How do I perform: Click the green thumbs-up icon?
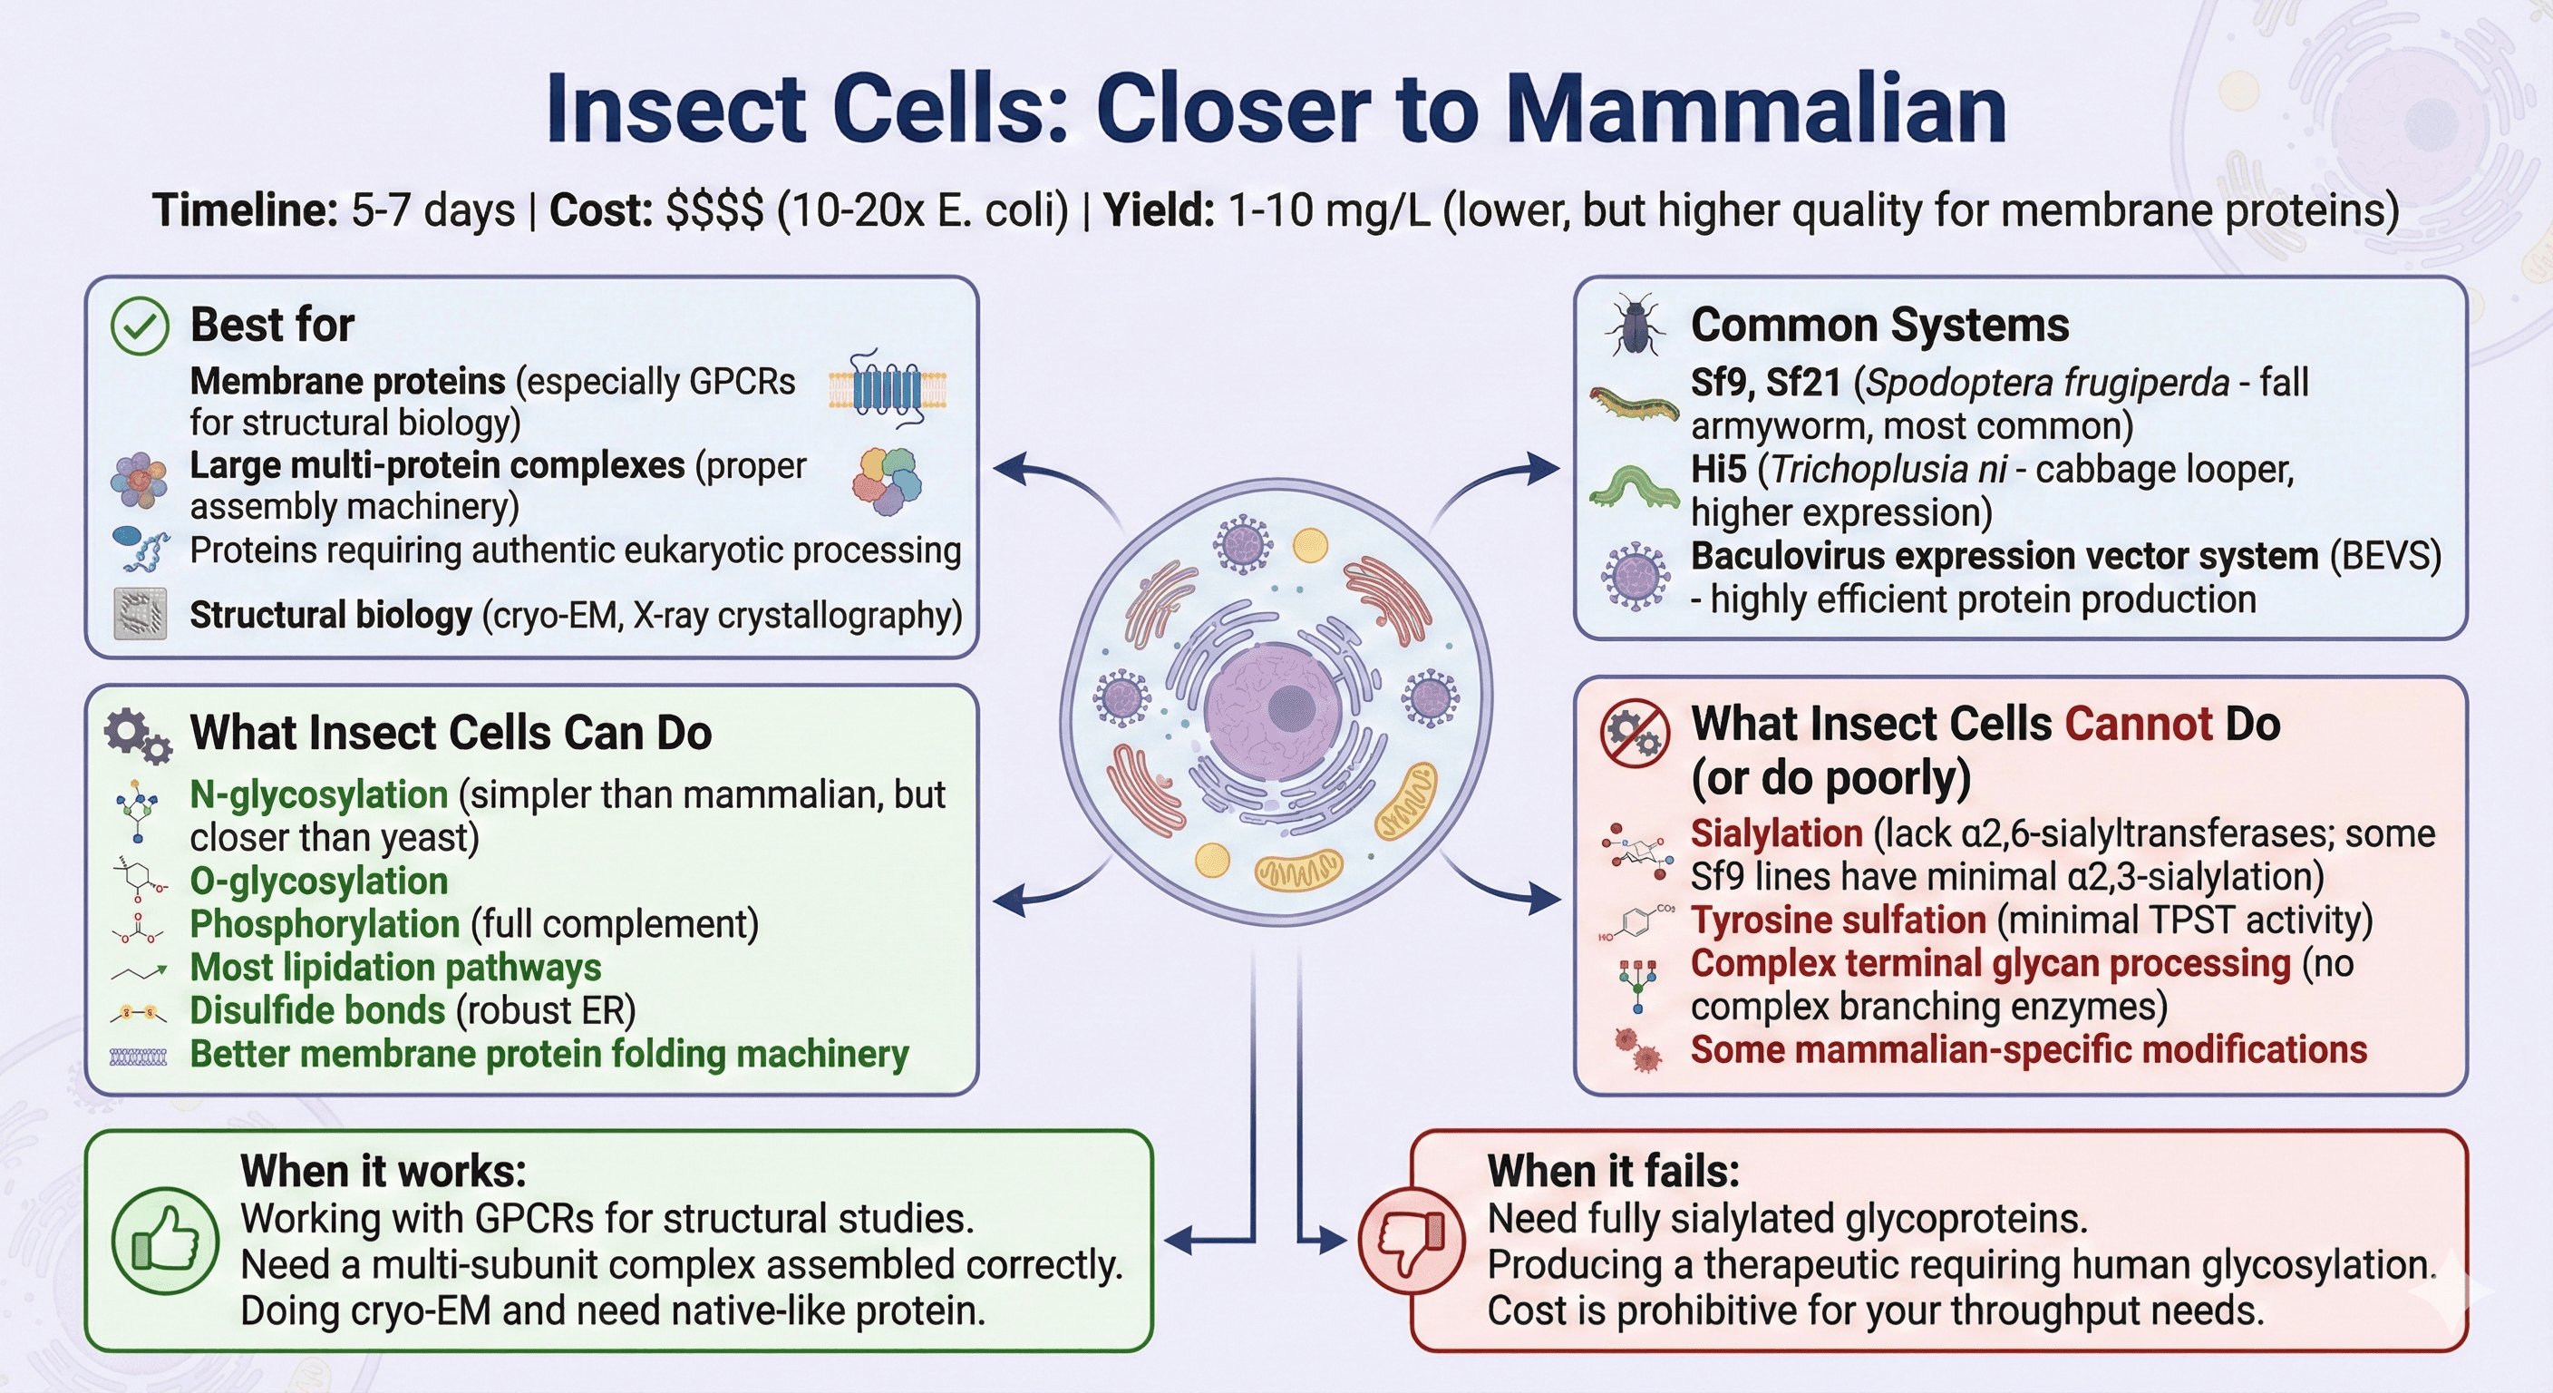point(164,1241)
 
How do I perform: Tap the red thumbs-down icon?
point(1411,1241)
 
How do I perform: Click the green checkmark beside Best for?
point(140,326)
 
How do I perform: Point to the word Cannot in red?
point(2138,725)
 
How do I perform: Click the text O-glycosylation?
point(318,881)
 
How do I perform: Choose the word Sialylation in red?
point(1776,833)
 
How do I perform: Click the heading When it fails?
point(1613,1172)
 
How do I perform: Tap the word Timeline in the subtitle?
point(245,211)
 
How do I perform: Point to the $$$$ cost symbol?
point(713,211)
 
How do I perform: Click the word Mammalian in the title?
point(1755,110)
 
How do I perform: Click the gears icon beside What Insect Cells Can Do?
point(137,735)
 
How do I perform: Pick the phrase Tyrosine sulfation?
point(1838,921)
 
